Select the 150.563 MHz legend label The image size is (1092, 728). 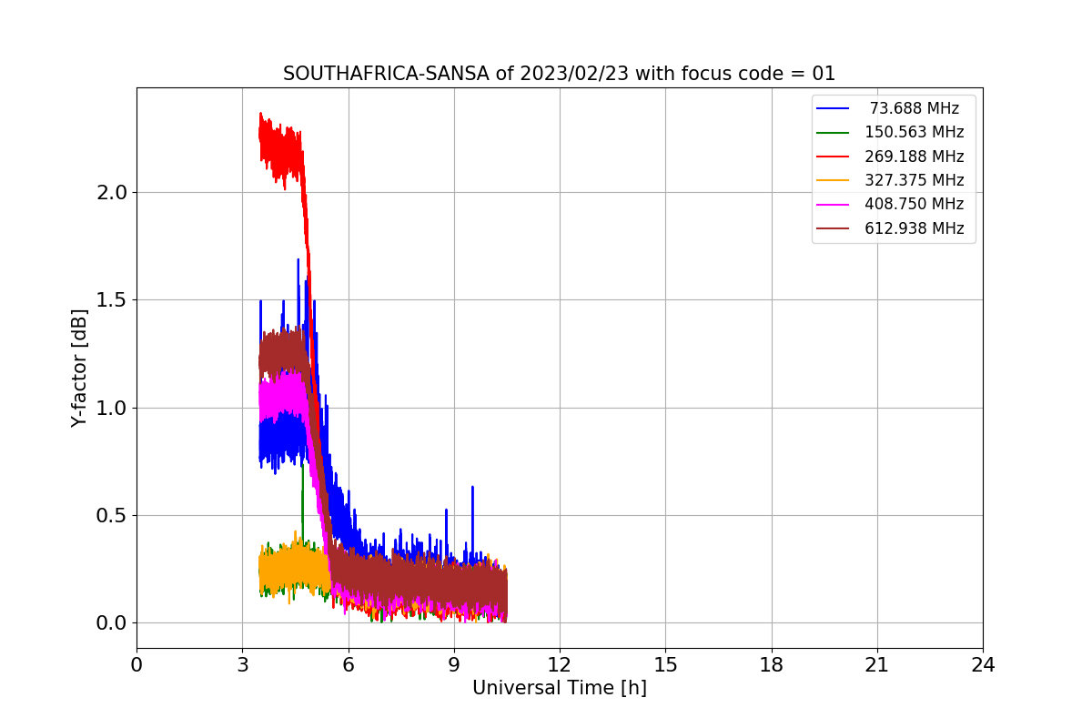[914, 132]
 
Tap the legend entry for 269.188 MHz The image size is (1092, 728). [914, 157]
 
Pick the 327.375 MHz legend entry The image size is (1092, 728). [914, 180]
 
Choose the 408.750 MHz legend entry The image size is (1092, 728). [914, 204]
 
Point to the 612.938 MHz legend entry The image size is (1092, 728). [914, 228]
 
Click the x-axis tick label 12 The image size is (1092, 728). [560, 665]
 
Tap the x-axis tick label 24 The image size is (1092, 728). [983, 665]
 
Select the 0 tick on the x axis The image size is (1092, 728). [136, 665]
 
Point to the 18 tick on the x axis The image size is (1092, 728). [772, 665]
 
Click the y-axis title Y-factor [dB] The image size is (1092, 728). [80, 369]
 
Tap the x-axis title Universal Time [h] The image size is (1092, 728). [559, 689]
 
